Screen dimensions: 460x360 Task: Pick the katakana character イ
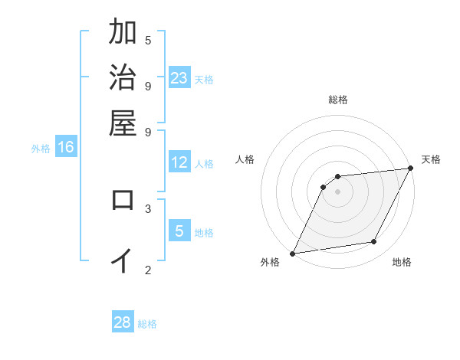pyautogui.click(x=123, y=260)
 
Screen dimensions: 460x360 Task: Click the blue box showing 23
pyautogui.click(x=179, y=78)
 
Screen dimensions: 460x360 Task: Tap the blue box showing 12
pyautogui.click(x=179, y=162)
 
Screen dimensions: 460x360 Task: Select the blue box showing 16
pyautogui.click(x=66, y=148)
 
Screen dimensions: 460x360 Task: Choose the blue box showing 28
pyautogui.click(x=123, y=322)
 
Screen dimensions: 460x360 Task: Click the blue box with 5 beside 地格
pyautogui.click(x=179, y=231)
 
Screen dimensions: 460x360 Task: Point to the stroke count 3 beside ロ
pyautogui.click(x=148, y=208)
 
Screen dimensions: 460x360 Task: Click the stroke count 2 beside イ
pyautogui.click(x=148, y=269)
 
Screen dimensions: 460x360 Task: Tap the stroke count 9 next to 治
pyautogui.click(x=148, y=85)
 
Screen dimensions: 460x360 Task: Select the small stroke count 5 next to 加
pyautogui.click(x=148, y=40)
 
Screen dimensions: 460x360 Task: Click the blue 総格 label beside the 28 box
pyautogui.click(x=147, y=324)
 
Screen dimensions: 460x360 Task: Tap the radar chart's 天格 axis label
pyautogui.click(x=431, y=159)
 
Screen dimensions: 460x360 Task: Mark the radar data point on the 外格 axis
pyautogui.click(x=292, y=253)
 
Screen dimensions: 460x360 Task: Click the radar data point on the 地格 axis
pyautogui.click(x=374, y=242)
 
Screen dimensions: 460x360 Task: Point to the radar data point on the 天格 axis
pyautogui.click(x=410, y=169)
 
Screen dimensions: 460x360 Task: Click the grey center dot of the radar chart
pyautogui.click(x=337, y=191)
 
